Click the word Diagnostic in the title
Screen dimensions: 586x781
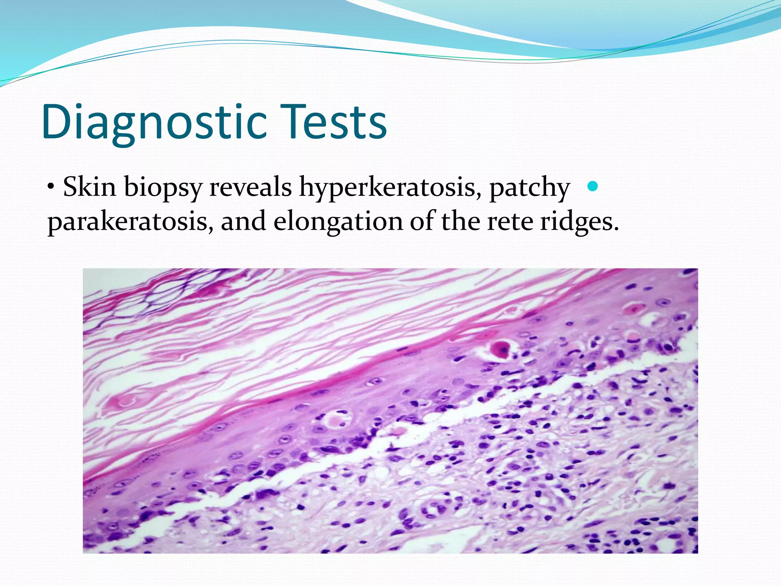tap(154, 122)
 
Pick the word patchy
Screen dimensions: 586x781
tap(530, 188)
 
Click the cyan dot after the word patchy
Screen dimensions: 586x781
tap(592, 187)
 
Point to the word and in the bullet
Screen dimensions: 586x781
tap(243, 221)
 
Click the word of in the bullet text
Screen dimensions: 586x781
tap(422, 221)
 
